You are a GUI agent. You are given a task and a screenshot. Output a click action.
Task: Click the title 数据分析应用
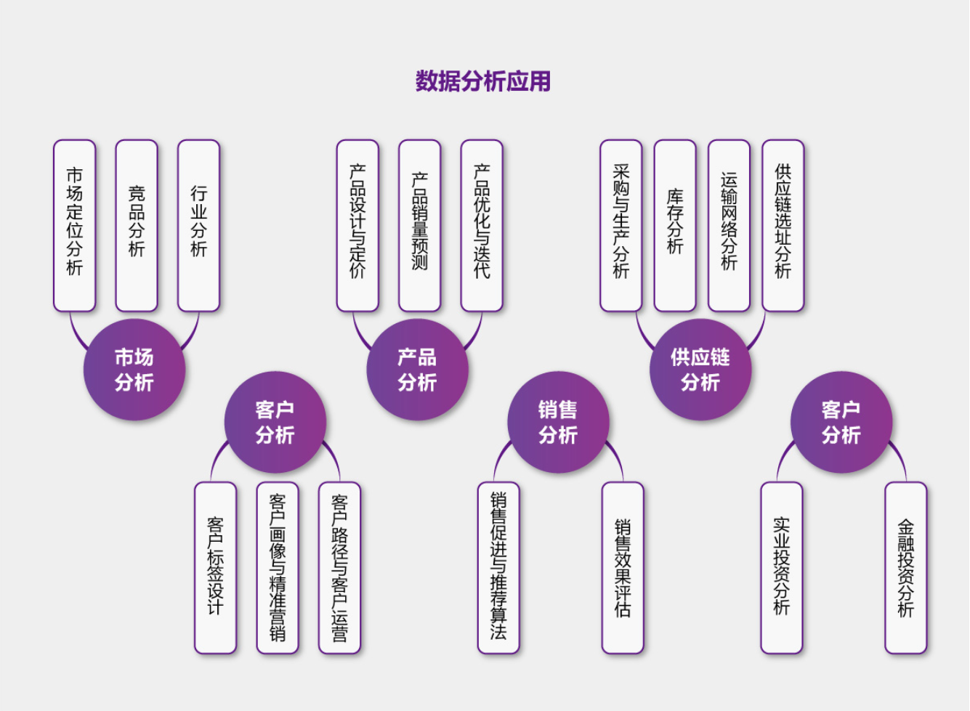tap(482, 81)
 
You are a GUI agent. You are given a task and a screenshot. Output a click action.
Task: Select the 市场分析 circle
tap(134, 370)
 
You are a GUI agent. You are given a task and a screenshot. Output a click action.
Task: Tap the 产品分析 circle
tap(417, 370)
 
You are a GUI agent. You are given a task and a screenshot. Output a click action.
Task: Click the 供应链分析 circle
tap(700, 370)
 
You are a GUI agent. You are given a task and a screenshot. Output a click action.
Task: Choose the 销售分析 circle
tap(558, 422)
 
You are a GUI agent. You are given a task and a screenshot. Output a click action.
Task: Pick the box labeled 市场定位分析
tap(74, 225)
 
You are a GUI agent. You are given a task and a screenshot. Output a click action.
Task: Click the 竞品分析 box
tap(137, 225)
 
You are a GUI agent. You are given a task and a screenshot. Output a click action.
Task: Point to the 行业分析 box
tap(198, 225)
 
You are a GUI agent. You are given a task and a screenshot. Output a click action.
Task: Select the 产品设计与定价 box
tap(357, 225)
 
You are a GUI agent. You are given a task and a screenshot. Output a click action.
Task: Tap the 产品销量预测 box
tap(419, 225)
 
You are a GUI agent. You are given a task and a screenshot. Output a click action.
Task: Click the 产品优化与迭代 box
tap(482, 225)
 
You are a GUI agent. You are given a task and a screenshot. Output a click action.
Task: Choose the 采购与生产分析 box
tap(621, 225)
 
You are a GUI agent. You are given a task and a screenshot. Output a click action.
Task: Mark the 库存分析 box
tap(675, 225)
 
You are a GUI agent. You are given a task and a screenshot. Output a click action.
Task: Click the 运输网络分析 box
tap(729, 225)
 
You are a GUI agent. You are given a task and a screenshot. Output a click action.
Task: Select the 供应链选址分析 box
tap(783, 225)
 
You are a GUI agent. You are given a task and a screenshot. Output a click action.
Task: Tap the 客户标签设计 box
tap(215, 567)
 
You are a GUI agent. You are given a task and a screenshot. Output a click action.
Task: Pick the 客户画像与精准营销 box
tap(278, 567)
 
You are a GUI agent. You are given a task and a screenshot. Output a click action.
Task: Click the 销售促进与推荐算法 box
tap(498, 567)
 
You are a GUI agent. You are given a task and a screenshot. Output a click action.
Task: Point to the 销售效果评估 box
tap(623, 567)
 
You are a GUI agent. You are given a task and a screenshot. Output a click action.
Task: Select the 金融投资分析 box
tap(905, 567)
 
